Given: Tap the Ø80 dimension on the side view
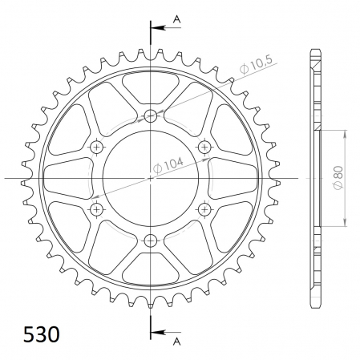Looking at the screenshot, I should click(x=339, y=176).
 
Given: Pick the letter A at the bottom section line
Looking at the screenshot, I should click(x=176, y=339).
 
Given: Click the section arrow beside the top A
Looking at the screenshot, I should click(x=160, y=26).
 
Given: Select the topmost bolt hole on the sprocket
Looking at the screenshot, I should click(x=151, y=115).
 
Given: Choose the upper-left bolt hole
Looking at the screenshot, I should click(x=98, y=147).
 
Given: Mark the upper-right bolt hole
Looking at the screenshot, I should click(x=204, y=147).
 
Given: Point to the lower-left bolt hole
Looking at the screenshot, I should click(x=98, y=208).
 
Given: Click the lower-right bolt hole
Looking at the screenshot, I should click(x=204, y=208).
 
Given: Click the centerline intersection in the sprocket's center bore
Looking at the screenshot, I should click(x=151, y=177).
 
